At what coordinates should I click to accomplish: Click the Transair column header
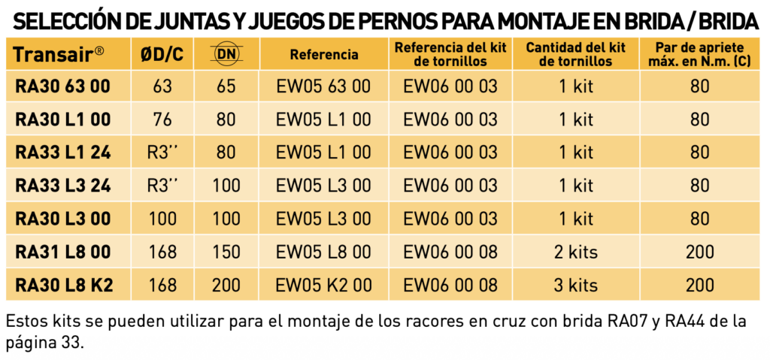pos(59,54)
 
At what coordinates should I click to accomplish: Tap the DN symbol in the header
pos(227,54)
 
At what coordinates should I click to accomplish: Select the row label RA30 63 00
pos(63,86)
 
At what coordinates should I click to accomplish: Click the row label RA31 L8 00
pos(63,252)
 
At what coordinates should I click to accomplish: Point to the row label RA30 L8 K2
pos(64,285)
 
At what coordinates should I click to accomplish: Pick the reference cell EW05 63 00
pos(323,86)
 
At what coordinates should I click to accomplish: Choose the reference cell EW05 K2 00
pos(323,285)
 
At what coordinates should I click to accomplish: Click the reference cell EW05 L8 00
pos(323,252)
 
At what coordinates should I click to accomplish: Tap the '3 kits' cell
pos(576,285)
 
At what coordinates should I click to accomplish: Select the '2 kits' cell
pos(576,252)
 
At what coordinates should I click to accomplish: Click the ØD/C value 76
pos(162,119)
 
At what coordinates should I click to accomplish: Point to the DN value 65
pos(226,86)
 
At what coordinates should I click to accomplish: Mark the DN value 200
pos(226,285)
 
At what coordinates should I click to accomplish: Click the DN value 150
pos(226,252)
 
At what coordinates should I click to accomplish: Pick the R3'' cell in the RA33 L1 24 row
pos(162,153)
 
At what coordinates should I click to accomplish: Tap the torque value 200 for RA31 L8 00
pos(700,252)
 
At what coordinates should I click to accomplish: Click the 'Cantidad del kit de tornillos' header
pos(576,54)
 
